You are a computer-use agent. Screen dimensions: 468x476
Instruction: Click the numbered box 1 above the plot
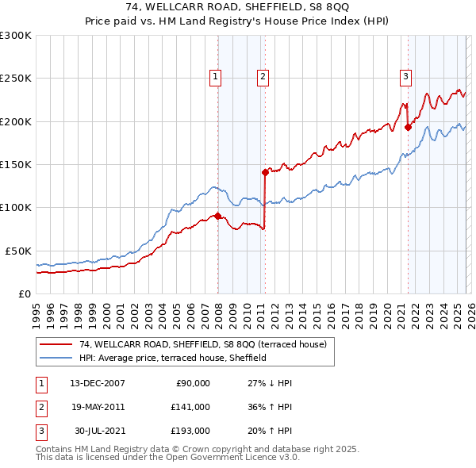click(215, 77)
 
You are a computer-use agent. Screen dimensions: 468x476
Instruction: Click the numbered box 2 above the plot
click(263, 77)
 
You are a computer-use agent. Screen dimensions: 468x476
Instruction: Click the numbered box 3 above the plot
click(405, 77)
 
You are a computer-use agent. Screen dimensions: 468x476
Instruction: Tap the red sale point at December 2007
click(217, 216)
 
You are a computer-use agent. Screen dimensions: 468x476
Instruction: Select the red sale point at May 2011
click(265, 171)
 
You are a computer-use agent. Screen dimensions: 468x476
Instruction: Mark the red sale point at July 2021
click(408, 127)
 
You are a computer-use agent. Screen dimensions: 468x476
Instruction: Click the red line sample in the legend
click(56, 344)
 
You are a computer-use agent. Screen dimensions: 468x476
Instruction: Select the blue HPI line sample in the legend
click(56, 358)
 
